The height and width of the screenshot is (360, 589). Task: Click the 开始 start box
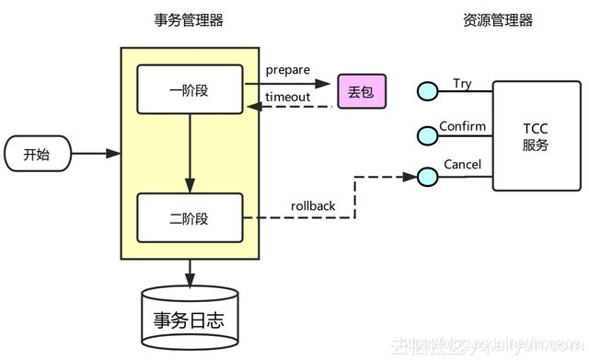37,154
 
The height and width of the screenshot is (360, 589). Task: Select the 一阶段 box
190,90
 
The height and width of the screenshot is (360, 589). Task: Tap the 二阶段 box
190,217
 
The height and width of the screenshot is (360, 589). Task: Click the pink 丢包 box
361,91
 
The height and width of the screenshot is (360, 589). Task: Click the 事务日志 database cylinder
191,319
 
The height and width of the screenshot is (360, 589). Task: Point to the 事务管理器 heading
190,20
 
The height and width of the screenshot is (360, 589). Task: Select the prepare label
287,70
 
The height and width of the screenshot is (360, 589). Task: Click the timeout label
287,97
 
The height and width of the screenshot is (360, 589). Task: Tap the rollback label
313,205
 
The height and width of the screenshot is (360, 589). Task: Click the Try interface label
462,84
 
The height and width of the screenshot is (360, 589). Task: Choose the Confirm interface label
462,125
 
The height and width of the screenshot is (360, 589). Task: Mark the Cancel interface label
462,165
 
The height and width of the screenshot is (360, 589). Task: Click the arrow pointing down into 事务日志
191,273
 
